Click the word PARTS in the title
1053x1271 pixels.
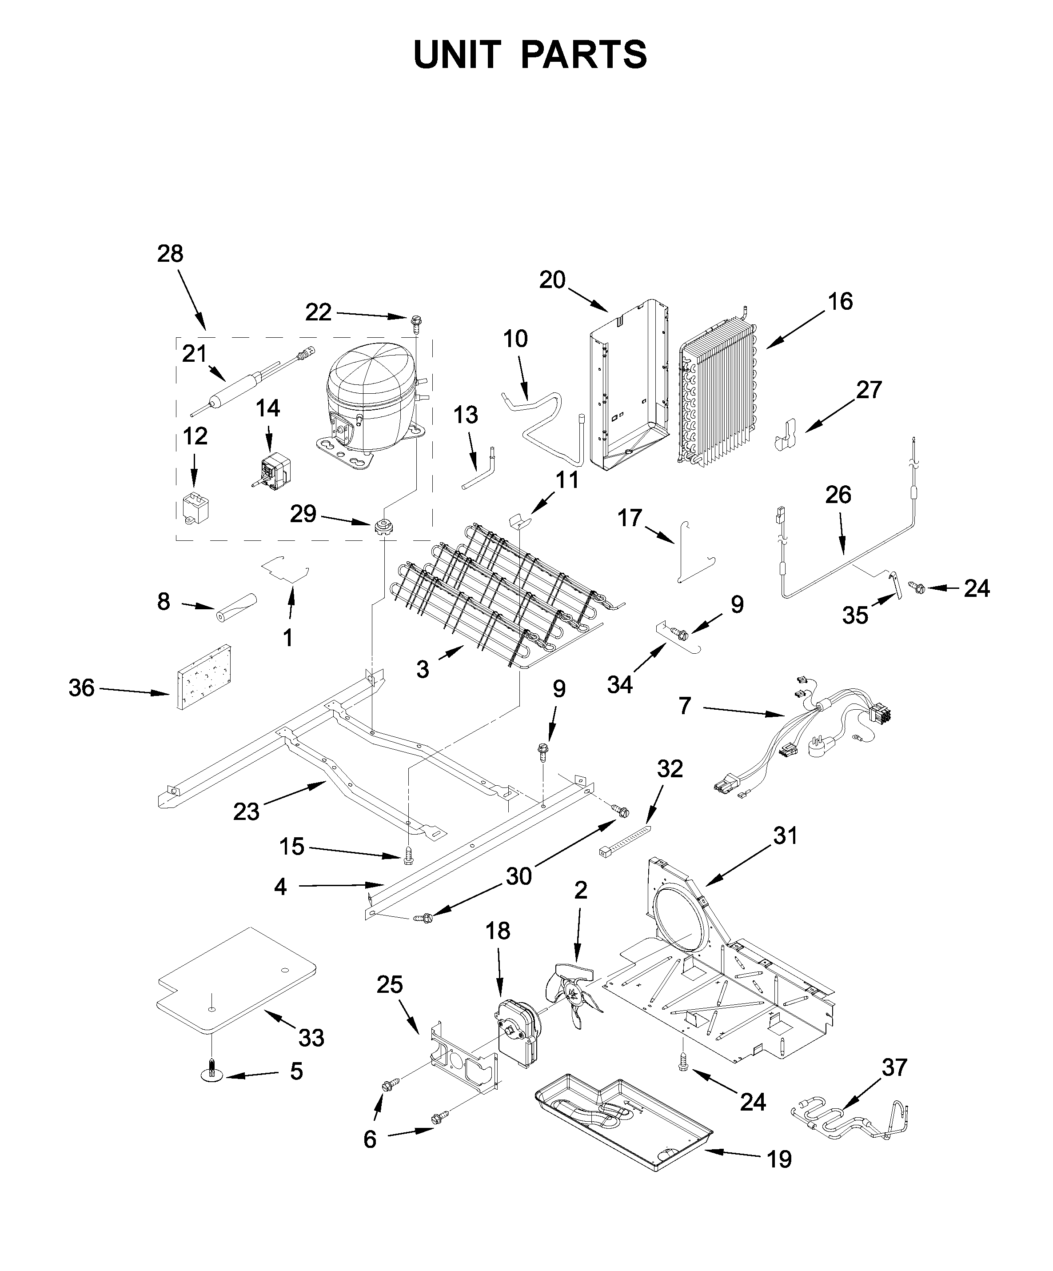(x=583, y=55)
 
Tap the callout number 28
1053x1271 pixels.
(x=170, y=254)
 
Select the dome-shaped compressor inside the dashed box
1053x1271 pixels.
(x=371, y=400)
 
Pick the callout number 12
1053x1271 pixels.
(x=195, y=436)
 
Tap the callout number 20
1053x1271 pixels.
(x=552, y=280)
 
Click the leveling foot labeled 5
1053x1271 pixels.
(x=212, y=1074)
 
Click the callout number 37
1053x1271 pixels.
(x=894, y=1067)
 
